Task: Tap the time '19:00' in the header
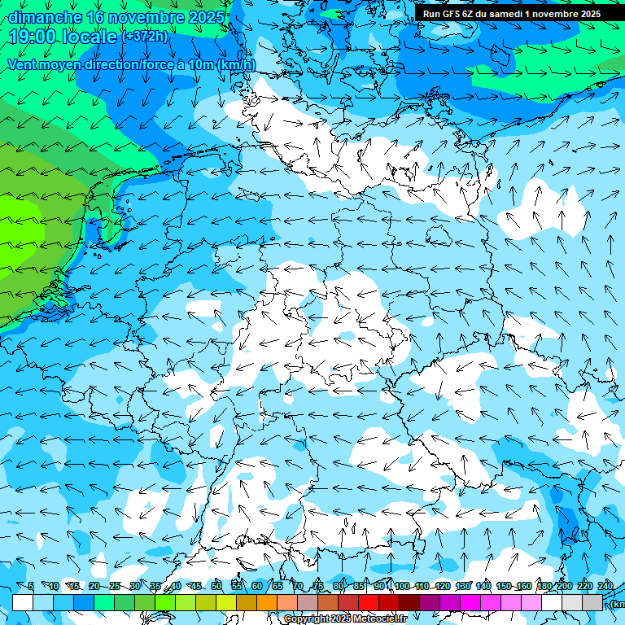(x=33, y=37)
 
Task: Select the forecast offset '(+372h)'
(x=146, y=37)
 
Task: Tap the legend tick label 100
(x=401, y=587)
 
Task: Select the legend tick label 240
(x=605, y=587)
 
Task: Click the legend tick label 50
(x=216, y=587)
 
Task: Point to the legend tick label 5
(x=31, y=587)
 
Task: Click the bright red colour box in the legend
(x=369, y=602)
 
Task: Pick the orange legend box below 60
(x=267, y=602)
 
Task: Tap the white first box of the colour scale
(x=23, y=602)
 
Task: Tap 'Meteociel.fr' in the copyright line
(x=381, y=619)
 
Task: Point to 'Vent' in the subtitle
(x=22, y=64)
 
